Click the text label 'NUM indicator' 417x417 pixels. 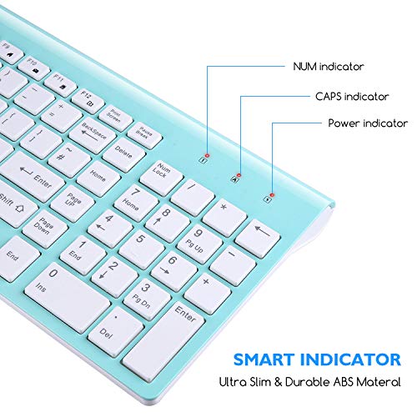pos(328,66)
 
